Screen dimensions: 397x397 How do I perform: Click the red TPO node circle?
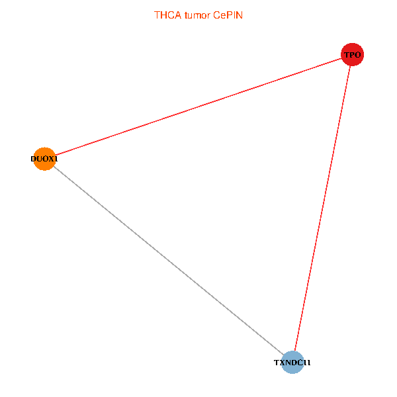352,54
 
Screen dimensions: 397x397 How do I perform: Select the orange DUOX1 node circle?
44,159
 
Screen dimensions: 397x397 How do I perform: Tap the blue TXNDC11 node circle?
292,363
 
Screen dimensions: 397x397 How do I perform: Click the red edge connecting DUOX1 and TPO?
198,107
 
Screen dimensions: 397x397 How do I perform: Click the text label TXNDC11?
292,363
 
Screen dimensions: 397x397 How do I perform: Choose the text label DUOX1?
44,159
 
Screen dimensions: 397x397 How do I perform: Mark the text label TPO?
352,55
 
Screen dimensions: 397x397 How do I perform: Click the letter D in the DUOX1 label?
33,159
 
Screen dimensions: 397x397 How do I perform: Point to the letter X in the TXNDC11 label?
283,363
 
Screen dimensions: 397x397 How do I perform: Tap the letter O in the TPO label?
357,55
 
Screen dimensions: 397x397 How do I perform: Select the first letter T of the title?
157,15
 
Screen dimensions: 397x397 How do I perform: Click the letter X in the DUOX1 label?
50,159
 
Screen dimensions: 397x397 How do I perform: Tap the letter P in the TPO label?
352,55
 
